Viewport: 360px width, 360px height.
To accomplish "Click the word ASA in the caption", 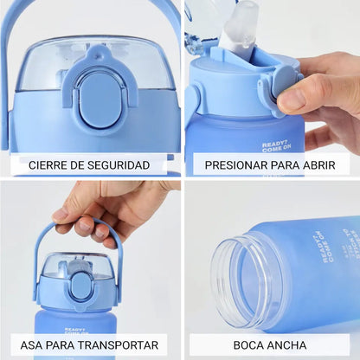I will tap(34, 344).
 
